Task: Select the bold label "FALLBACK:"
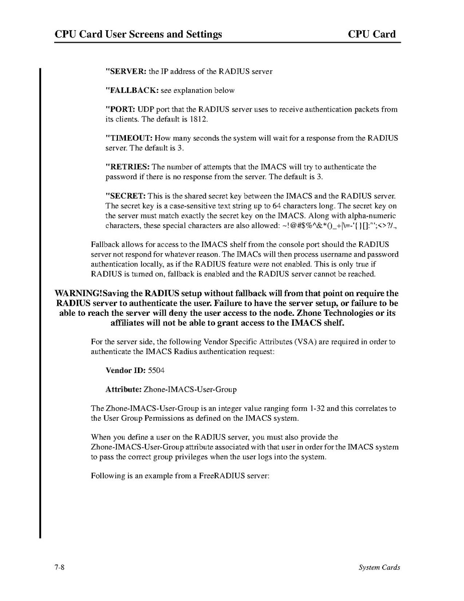[x=132, y=90]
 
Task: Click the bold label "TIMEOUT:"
[x=129, y=138]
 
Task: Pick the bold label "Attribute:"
[x=123, y=390]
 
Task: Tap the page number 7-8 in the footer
[x=60, y=567]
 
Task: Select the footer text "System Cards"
[x=379, y=567]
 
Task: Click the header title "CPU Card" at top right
[x=372, y=34]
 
